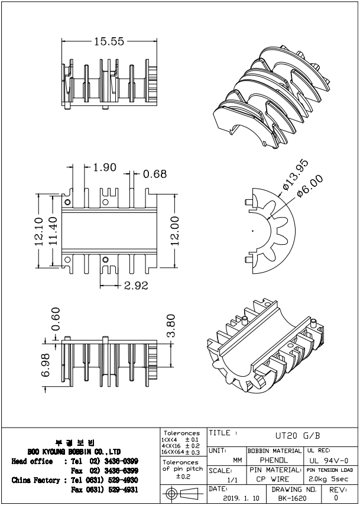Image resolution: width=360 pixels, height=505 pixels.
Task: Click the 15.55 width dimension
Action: tap(108, 41)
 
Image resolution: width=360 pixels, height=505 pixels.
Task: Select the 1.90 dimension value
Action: tap(105, 167)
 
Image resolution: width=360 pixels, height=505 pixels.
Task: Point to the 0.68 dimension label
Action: tap(155, 174)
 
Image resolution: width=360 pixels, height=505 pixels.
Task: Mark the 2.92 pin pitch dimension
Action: tap(136, 286)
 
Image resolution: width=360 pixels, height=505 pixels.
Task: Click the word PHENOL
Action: tap(274, 459)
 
